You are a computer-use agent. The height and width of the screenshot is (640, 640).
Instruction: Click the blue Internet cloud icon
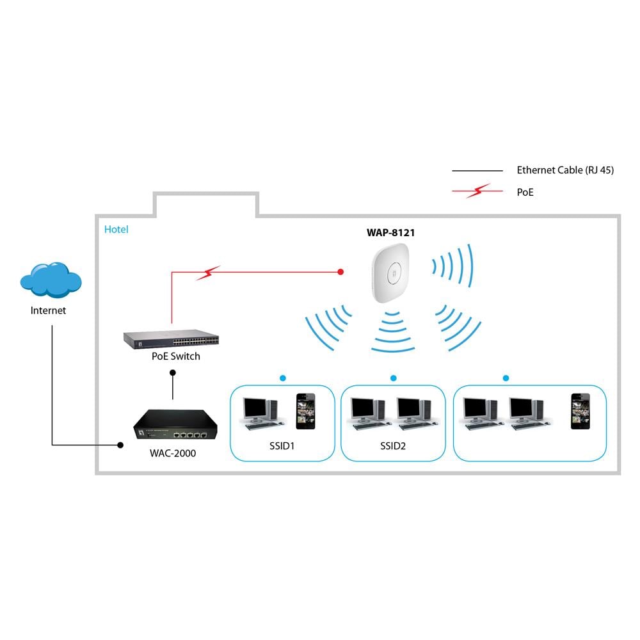click(x=51, y=280)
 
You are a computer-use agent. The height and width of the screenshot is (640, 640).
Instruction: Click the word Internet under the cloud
click(x=49, y=310)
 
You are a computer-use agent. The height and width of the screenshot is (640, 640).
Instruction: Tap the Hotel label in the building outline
click(x=116, y=229)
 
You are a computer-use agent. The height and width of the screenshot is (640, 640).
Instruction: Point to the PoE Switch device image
click(x=171, y=338)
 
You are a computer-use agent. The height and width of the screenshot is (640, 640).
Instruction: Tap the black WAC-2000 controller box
click(x=172, y=424)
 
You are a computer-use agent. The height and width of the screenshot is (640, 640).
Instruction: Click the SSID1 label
click(x=282, y=446)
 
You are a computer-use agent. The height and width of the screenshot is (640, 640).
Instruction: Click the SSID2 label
click(x=392, y=446)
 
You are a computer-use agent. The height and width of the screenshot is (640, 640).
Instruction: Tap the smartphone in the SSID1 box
click(x=305, y=411)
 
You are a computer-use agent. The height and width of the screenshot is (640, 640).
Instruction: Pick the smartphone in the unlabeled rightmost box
click(x=580, y=411)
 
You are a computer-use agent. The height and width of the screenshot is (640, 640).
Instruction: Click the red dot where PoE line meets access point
click(x=341, y=272)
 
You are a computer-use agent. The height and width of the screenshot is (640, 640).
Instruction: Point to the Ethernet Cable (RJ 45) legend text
click(x=565, y=170)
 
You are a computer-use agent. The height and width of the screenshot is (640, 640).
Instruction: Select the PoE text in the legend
click(x=525, y=191)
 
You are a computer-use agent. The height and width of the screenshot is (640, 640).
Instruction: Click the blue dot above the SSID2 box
click(x=393, y=378)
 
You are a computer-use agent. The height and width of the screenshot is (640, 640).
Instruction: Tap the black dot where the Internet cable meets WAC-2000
click(x=120, y=445)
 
